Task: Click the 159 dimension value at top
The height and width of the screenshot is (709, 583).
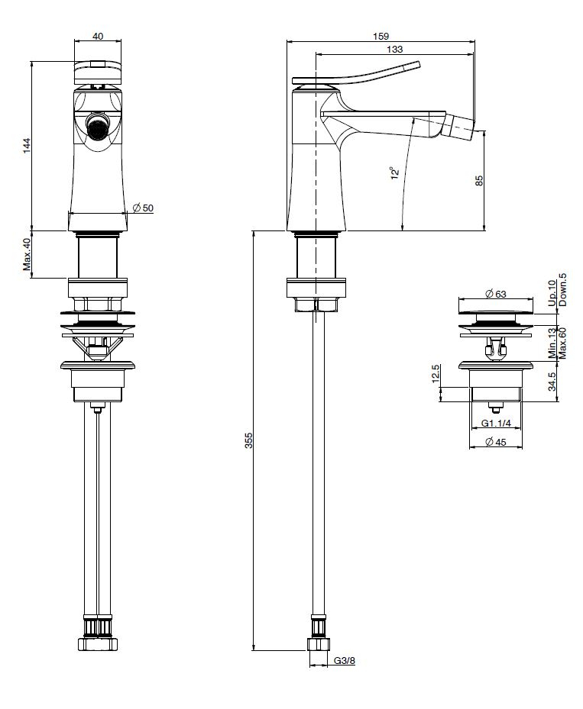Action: [381, 36]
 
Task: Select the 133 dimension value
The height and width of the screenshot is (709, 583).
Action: [395, 50]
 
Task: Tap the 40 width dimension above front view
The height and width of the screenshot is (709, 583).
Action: [98, 36]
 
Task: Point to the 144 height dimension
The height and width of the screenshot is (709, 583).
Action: [28, 146]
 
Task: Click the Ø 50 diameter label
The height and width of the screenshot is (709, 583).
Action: [143, 208]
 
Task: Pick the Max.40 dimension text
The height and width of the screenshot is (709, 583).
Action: [28, 255]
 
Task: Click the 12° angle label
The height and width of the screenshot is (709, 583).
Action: [396, 173]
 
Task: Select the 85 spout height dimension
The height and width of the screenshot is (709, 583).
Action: [480, 180]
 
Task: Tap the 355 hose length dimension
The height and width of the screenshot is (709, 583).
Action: [248, 440]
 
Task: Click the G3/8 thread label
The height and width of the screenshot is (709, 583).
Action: [345, 661]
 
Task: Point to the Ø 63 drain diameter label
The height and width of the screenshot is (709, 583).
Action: [496, 294]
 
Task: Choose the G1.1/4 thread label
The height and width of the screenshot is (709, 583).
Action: [496, 424]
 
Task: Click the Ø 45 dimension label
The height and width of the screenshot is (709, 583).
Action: [496, 442]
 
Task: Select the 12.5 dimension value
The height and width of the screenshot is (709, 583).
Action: [436, 374]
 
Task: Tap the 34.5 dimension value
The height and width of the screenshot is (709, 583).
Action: [552, 382]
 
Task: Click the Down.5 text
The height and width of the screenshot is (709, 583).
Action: [562, 289]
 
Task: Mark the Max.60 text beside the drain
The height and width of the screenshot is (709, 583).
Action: [562, 343]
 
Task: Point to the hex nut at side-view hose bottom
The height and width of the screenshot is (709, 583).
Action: [319, 644]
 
